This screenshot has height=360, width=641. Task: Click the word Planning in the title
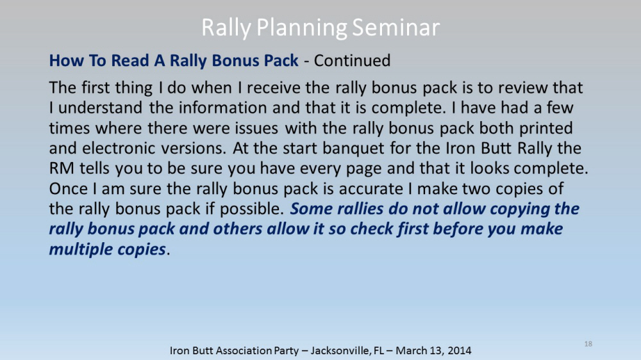[302, 28]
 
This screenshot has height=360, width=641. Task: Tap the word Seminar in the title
[395, 28]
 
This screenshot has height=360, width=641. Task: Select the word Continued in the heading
[352, 60]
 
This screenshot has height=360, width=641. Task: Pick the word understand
[100, 108]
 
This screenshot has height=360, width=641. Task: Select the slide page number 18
[588, 343]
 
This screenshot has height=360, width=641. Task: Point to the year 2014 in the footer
[459, 350]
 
